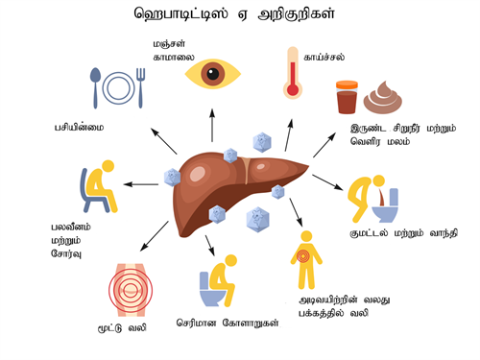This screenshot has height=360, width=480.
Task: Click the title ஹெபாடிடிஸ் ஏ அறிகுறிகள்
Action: tap(239, 16)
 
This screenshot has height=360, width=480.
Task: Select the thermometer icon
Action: tap(293, 73)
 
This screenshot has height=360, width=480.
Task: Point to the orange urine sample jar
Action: tap(347, 98)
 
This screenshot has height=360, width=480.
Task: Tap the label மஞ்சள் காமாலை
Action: tap(174, 52)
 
